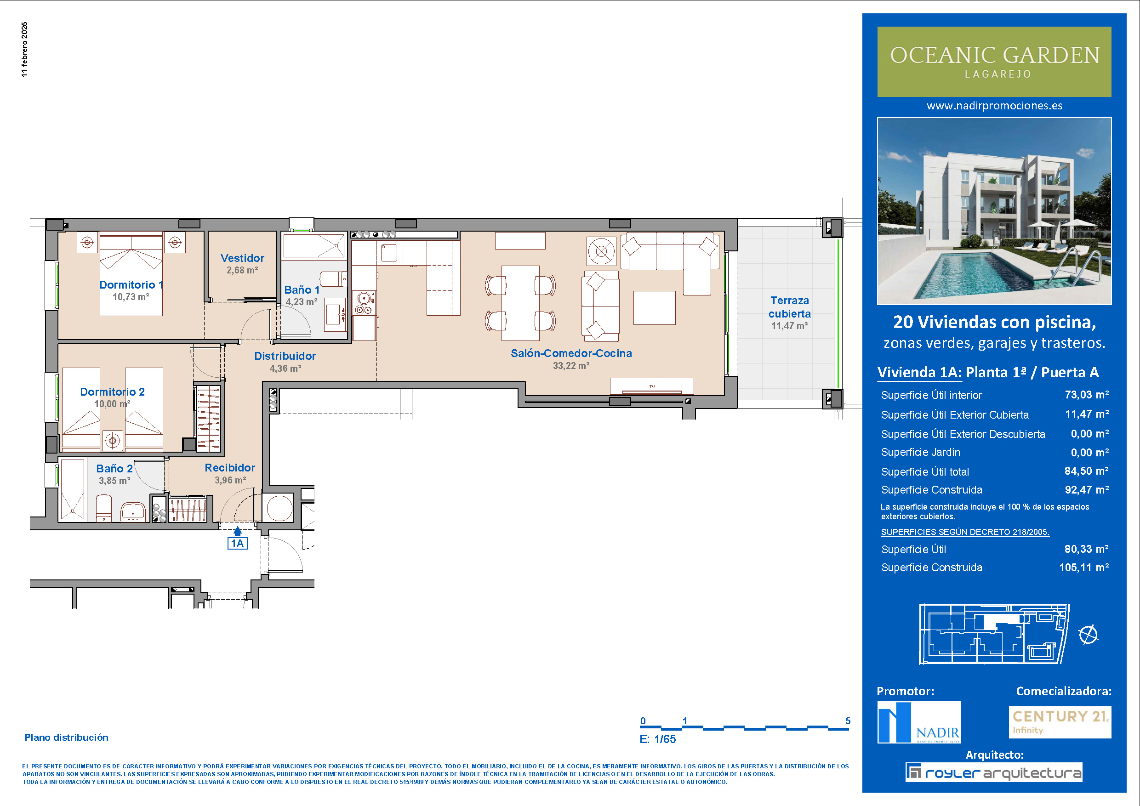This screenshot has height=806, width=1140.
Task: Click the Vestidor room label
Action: pyautogui.click(x=242, y=258)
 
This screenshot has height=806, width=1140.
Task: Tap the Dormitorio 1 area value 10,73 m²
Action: pyautogui.click(x=131, y=297)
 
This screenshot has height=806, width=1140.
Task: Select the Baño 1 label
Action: pyautogui.click(x=302, y=290)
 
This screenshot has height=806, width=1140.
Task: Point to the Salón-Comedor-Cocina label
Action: pyautogui.click(x=571, y=353)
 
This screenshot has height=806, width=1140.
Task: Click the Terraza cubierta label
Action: pyautogui.click(x=789, y=307)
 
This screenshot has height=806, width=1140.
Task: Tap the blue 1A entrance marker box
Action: pyautogui.click(x=237, y=543)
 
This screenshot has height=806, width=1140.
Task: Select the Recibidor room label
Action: pyautogui.click(x=230, y=467)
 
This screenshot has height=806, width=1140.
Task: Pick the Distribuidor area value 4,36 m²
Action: pyautogui.click(x=285, y=369)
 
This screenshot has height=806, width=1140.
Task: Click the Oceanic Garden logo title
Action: pyautogui.click(x=995, y=55)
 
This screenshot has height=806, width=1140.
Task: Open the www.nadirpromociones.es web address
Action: pyautogui.click(x=995, y=106)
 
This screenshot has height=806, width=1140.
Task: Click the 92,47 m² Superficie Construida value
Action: pyautogui.click(x=1087, y=490)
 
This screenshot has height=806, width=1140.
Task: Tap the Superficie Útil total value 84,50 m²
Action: pyautogui.click(x=1087, y=471)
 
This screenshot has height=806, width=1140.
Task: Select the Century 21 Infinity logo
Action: pyautogui.click(x=1060, y=722)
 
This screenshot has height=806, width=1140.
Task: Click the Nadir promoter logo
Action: pyautogui.click(x=919, y=722)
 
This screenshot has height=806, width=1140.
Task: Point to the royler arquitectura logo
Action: pyautogui.click(x=993, y=772)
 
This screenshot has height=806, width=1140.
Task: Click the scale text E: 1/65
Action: pyautogui.click(x=657, y=739)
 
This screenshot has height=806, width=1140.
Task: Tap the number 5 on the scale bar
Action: pyautogui.click(x=848, y=721)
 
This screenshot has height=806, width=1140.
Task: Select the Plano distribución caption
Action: pyautogui.click(x=67, y=738)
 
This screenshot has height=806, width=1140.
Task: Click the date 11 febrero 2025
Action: pyautogui.click(x=25, y=49)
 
